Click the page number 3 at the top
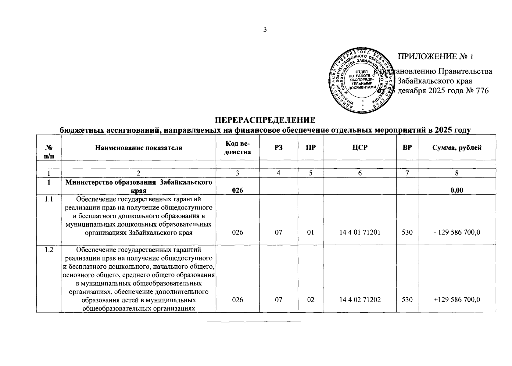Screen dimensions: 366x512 coord(265,30)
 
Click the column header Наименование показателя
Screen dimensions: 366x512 coord(139,148)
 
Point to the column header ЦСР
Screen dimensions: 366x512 coord(360,148)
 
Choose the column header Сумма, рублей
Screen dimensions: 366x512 coord(457,148)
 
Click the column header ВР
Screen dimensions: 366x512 coord(407,148)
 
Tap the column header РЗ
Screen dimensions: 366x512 coord(278,148)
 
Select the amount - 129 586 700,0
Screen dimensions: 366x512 coord(457,232)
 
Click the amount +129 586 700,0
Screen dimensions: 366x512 coord(457,300)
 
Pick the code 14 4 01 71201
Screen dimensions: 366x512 coord(360,232)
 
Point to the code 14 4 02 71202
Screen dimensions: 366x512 coord(360,300)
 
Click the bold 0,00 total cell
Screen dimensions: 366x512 coord(457,190)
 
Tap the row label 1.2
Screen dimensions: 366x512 coord(49,250)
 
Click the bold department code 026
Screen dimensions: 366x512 coord(238,190)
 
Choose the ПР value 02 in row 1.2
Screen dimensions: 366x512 coord(311,300)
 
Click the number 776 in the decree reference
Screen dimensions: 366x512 coord(482,91)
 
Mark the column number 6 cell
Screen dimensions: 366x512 coord(360,173)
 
